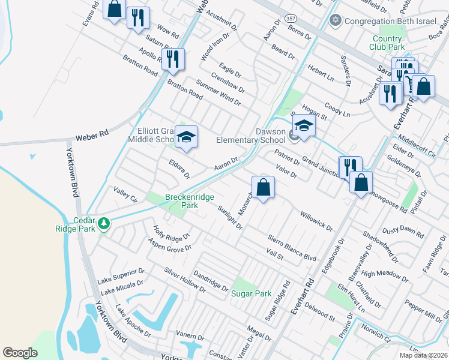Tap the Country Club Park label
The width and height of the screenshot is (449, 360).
[387, 43]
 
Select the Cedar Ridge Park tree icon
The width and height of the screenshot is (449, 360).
[104, 223]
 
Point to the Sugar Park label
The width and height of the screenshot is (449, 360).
[252, 293]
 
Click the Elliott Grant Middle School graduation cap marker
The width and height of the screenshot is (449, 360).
[186, 137]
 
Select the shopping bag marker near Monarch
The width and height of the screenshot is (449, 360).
[263, 187]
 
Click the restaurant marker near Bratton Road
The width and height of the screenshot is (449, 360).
[172, 59]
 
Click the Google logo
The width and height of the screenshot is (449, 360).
[20, 353]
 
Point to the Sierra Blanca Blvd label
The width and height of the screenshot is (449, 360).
[292, 248]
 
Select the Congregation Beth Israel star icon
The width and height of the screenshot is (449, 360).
[336, 20]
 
